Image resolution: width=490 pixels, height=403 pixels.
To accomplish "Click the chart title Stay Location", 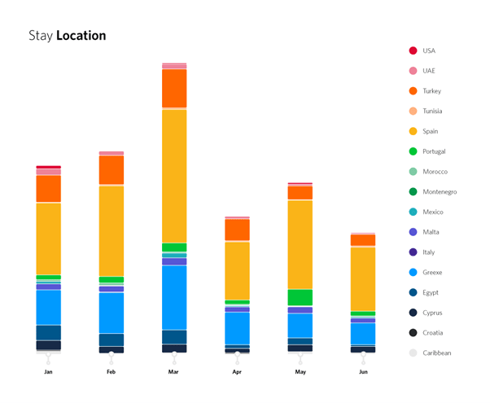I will click(x=67, y=36).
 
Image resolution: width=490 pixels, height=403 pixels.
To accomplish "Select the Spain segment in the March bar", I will click(x=174, y=175).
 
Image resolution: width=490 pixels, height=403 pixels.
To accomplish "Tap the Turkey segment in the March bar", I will click(x=174, y=88).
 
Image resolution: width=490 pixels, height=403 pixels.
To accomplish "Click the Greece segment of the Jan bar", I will click(x=49, y=307).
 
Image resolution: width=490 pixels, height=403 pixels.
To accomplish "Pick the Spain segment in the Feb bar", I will click(x=112, y=231).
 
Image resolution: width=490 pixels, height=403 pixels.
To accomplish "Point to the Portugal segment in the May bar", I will click(x=300, y=297).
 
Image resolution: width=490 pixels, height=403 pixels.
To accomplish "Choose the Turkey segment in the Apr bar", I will click(x=237, y=230).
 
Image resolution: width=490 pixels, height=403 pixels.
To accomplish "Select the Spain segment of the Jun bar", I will click(x=363, y=278).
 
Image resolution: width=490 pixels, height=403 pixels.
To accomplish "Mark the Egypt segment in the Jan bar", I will click(x=49, y=332).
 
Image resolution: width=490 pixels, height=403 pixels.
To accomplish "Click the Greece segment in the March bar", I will click(x=174, y=297).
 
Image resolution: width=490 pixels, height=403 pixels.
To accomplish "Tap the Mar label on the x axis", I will click(x=173, y=372).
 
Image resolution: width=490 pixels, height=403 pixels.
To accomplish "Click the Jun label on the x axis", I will click(x=363, y=372).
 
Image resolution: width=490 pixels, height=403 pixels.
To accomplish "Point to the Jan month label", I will click(x=49, y=372).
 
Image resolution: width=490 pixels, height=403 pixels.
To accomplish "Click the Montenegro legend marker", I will click(x=413, y=192).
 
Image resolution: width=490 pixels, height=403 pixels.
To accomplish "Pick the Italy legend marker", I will click(x=413, y=252).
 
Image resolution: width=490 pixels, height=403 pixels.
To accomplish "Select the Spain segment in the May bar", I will click(x=300, y=244).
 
